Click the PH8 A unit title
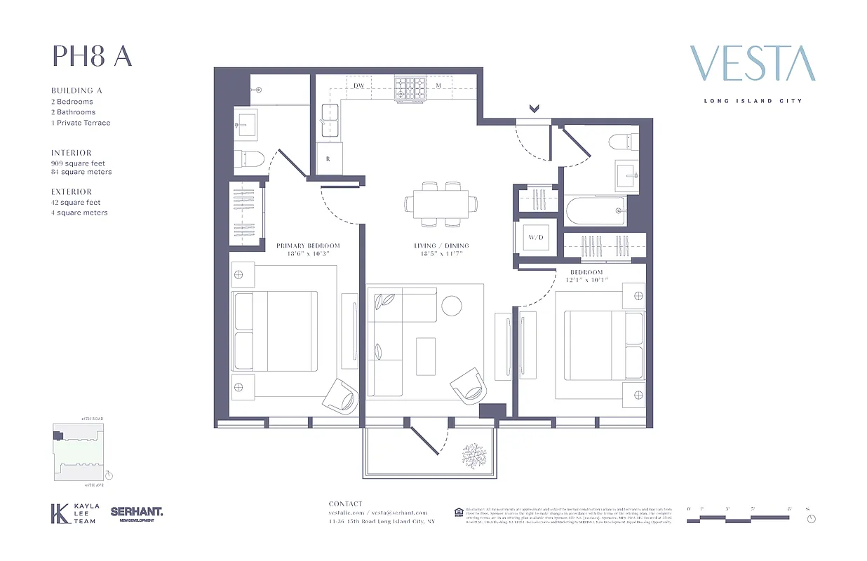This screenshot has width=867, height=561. click(92, 56)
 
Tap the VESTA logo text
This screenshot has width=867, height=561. click(753, 64)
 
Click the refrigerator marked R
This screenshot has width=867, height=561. click(328, 159)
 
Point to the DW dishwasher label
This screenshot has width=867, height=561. click(358, 86)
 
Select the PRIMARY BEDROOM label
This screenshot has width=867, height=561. click(308, 245)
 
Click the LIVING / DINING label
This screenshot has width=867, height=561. click(441, 245)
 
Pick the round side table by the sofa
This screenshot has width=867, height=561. click(451, 305)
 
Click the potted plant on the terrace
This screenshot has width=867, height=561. click(474, 455)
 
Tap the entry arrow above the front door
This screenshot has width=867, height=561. click(534, 109)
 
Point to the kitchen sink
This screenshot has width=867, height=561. click(329, 121)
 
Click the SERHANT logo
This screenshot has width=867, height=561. click(136, 513)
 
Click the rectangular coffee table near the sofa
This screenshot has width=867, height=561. click(426, 356)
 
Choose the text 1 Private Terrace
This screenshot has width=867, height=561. click(81, 123)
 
